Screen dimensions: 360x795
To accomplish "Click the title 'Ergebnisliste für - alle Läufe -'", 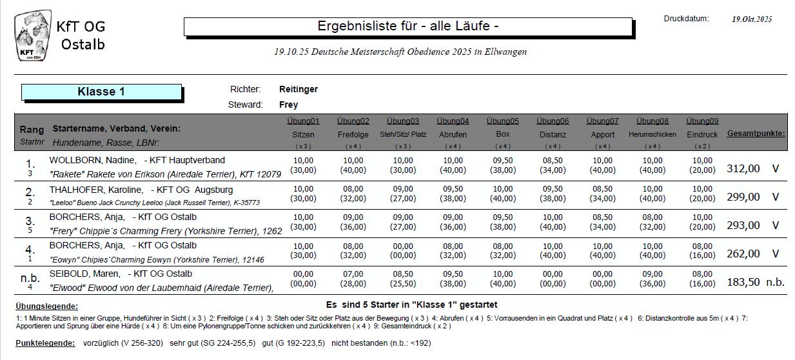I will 407,26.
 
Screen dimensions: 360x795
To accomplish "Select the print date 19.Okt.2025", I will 751,19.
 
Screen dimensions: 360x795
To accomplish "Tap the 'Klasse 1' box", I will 101,92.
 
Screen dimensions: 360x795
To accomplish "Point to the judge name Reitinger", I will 298,89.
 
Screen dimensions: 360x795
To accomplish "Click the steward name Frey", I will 288,105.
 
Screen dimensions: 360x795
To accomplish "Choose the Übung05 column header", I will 502,121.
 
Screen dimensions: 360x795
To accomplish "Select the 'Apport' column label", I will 602,135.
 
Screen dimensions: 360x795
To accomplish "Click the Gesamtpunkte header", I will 756,134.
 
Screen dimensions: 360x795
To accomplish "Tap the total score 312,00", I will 743,168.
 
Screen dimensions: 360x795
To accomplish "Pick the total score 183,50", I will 743,282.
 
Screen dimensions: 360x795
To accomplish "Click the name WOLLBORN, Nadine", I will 92,160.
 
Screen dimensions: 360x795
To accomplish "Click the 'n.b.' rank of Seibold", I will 30,278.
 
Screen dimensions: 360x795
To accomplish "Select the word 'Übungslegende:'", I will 46,306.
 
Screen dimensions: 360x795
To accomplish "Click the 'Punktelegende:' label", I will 45,343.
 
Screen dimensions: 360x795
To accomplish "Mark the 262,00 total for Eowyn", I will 743,254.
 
